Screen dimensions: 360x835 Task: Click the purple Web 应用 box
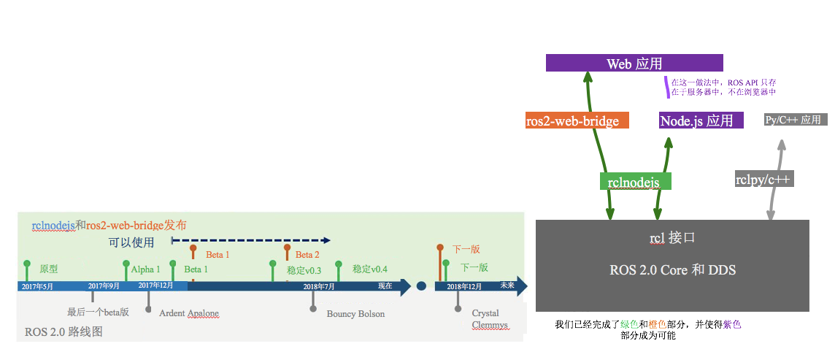click(634, 64)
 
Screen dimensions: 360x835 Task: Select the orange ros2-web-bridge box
click(572, 121)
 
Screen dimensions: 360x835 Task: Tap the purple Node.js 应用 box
click(700, 121)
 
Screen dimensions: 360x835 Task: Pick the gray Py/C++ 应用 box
click(795, 120)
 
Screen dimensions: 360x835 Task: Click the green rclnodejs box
click(635, 181)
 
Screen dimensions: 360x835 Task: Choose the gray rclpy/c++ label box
click(763, 179)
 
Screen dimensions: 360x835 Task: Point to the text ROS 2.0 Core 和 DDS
click(672, 270)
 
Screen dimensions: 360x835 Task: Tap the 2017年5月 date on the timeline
click(37, 287)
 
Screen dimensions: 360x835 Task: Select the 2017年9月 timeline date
click(104, 286)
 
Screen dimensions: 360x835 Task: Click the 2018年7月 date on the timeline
click(319, 287)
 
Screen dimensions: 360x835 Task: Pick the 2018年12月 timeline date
click(464, 287)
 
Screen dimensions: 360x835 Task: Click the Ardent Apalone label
click(189, 313)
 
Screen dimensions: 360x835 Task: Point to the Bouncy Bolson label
click(355, 314)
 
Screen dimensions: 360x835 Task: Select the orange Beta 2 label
click(307, 255)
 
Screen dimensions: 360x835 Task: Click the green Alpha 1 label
click(145, 269)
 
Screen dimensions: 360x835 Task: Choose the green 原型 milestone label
click(49, 269)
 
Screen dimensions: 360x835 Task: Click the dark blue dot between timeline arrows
click(421, 286)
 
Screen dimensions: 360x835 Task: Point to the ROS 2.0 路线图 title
click(64, 332)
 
